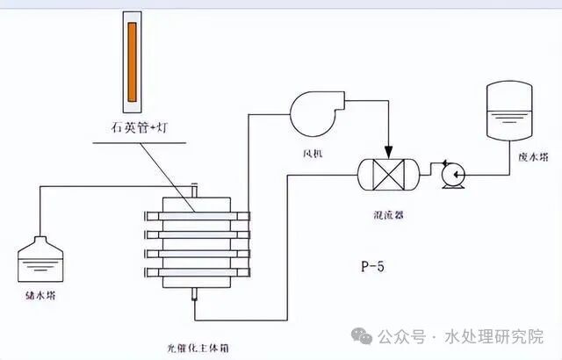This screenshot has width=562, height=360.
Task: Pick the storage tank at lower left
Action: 40,258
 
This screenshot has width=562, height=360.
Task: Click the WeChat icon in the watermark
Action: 362,335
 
